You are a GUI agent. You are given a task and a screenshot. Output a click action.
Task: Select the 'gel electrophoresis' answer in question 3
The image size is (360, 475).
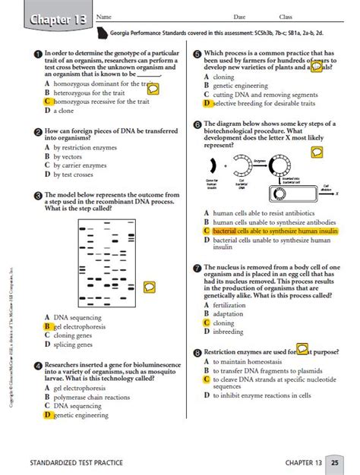coord(80,326)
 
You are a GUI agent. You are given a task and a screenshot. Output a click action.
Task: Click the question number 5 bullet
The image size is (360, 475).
coord(197,55)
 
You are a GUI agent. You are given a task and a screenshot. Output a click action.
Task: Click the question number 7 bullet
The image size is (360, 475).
coord(197,268)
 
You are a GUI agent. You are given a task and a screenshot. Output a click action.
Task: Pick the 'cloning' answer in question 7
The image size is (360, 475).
coord(223,322)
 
